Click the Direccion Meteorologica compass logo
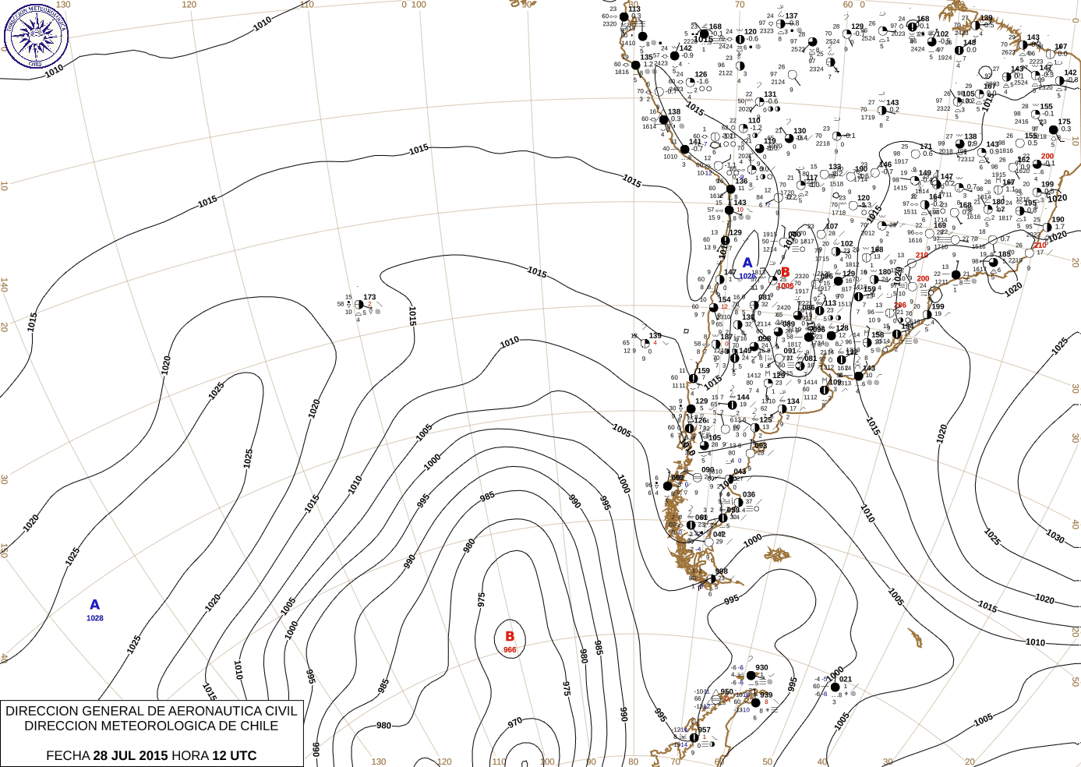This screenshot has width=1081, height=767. point(36,35)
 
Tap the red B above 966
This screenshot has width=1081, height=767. point(510,637)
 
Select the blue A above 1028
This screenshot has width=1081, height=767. point(95,605)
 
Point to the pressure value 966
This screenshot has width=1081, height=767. point(510,649)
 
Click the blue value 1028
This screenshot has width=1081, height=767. point(95,618)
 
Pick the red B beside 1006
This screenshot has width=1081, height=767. point(786,273)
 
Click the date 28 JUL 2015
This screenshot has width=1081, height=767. point(130,755)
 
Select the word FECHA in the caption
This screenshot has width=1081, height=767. point(68,755)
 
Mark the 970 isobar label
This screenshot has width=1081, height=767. point(515,723)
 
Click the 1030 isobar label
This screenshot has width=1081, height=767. point(1055,537)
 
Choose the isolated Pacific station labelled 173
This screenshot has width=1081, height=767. point(359,305)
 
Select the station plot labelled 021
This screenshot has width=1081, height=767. point(835,687)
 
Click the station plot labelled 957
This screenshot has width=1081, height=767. point(694,737)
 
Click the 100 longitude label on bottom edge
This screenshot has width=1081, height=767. point(547,762)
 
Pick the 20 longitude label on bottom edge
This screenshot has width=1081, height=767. point(970,762)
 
